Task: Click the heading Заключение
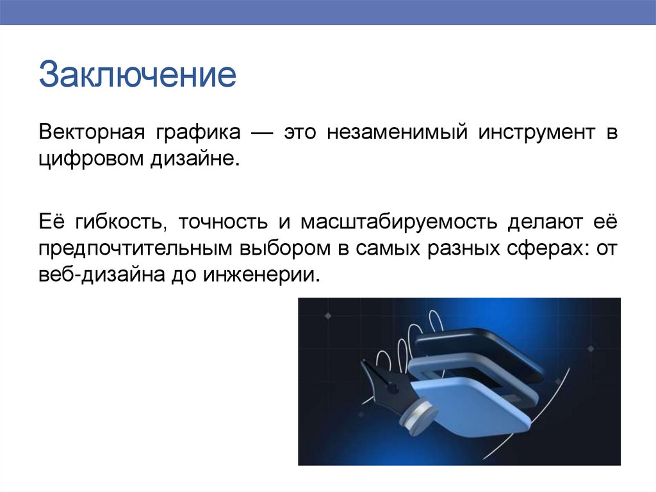(x=137, y=75)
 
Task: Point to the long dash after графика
(x=262, y=133)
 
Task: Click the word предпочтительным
(x=135, y=249)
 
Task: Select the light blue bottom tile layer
(x=477, y=404)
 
